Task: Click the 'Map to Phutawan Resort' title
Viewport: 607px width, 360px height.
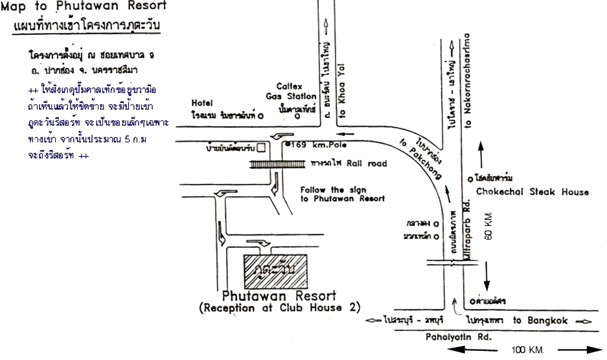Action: [x=84, y=7]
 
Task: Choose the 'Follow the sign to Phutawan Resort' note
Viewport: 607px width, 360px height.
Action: [x=343, y=194]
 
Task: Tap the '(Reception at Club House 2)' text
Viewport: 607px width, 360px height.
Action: [x=279, y=308]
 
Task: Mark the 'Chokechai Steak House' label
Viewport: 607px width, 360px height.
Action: [x=533, y=192]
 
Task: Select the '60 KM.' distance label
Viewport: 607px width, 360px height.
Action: [x=488, y=226]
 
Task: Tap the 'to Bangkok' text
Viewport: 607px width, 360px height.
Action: [x=540, y=321]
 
